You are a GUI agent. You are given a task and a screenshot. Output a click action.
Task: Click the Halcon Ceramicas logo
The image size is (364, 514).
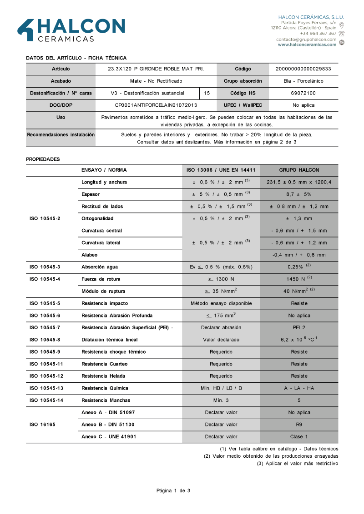71,30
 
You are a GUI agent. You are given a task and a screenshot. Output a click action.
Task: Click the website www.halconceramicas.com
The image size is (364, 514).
307,44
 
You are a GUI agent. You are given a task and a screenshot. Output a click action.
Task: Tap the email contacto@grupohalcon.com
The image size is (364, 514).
306,39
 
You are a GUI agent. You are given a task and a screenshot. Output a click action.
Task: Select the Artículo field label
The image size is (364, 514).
61,69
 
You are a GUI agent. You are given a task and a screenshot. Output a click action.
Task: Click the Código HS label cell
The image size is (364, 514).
243,93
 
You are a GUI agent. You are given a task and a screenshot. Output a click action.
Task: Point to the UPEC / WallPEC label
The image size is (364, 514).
243,105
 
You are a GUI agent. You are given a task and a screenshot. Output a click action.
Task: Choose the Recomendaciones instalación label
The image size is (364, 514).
61,135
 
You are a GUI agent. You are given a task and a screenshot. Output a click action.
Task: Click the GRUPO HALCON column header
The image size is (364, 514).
299,170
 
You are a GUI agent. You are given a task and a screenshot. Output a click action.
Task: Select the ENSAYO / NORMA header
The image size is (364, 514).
104,170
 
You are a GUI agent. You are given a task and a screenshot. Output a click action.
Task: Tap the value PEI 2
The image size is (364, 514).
299,327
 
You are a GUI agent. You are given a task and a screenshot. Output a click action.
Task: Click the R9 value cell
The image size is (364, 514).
299,425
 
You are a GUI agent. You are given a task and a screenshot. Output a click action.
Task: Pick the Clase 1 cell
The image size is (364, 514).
299,437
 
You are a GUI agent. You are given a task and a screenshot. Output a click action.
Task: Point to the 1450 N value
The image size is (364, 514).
299,279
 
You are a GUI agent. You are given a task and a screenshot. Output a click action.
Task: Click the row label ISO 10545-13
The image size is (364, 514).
46,388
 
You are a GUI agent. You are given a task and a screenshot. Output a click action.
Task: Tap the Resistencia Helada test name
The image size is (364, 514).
103,376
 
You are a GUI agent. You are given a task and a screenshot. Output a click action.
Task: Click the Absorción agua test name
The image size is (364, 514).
99,267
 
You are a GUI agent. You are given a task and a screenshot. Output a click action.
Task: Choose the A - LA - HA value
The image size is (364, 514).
299,388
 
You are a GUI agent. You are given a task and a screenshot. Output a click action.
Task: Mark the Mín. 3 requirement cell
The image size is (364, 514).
221,400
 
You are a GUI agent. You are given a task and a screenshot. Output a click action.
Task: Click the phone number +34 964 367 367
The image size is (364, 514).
318,33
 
